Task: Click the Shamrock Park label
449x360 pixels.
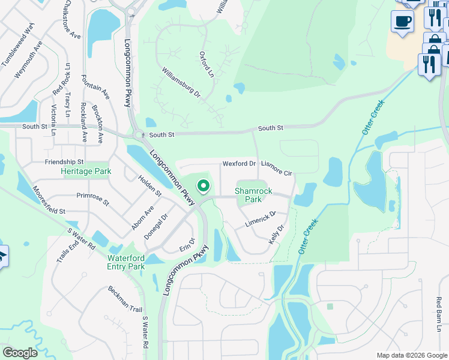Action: tap(253, 195)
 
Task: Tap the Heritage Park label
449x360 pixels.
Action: tap(86, 171)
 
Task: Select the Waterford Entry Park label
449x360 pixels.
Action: tap(126, 262)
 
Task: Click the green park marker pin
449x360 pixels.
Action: tap(203, 187)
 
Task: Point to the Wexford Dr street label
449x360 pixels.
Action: tap(240, 163)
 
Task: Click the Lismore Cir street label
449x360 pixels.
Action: tap(276, 169)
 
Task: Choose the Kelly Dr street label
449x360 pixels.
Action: tap(276, 234)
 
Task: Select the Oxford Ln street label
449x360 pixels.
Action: tap(206, 64)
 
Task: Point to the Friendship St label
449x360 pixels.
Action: tap(64, 162)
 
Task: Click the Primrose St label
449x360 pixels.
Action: tap(93, 199)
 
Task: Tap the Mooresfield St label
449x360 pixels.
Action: tap(41, 203)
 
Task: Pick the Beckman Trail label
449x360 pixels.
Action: tap(125, 298)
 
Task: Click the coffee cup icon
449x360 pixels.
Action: tap(402, 21)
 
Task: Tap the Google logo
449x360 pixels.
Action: tap(20, 353)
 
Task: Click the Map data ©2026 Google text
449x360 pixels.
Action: tap(412, 355)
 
